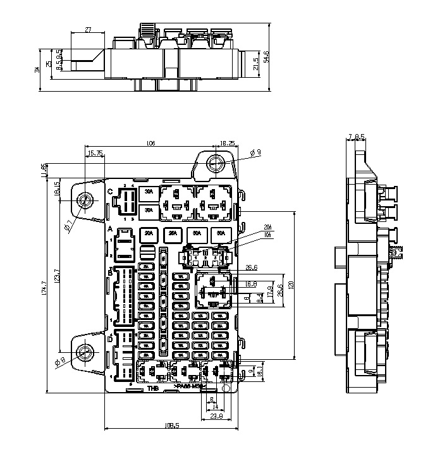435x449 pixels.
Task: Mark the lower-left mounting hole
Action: click(x=84, y=352)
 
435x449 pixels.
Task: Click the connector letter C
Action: click(x=110, y=191)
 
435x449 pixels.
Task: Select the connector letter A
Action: click(x=110, y=228)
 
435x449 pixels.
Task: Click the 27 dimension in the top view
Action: click(x=88, y=29)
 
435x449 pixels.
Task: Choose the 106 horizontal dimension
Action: click(x=150, y=144)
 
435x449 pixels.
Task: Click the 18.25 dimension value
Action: click(x=228, y=144)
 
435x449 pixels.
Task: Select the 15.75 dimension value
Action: click(x=95, y=154)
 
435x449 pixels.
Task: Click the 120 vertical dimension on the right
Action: click(x=290, y=285)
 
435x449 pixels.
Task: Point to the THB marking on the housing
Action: click(x=152, y=388)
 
